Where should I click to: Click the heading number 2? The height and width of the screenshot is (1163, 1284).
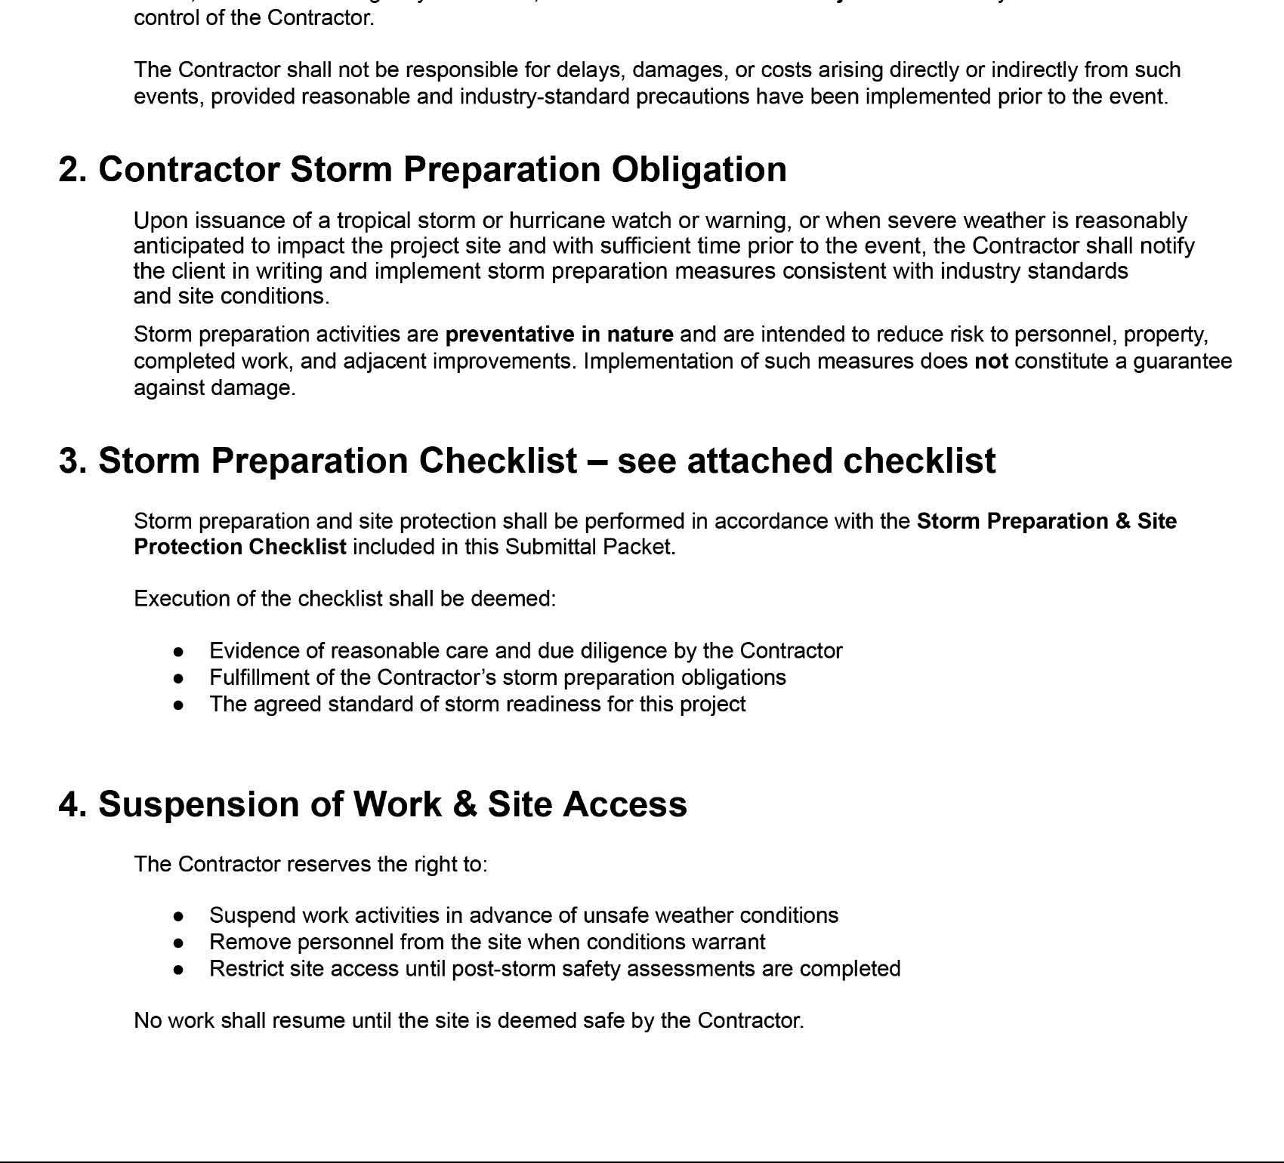pos(72,169)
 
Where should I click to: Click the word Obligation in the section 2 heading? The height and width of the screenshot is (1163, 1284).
pos(699,169)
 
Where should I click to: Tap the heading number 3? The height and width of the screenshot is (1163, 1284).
pos(72,461)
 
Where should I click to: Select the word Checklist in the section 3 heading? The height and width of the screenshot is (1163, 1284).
pos(498,461)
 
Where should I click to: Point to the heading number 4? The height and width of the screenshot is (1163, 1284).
pos(73,804)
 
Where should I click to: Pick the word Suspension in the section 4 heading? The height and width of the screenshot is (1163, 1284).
pos(199,804)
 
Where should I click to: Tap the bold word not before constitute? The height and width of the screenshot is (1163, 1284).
pos(991,362)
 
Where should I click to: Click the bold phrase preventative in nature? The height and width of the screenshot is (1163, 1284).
pos(559,335)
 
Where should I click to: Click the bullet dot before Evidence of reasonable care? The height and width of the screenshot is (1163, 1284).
pos(178,652)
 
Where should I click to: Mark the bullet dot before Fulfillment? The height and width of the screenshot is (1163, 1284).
pos(178,678)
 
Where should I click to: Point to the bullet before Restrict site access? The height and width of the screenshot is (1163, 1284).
pos(178,970)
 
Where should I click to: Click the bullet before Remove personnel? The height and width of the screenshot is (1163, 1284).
pos(178,943)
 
